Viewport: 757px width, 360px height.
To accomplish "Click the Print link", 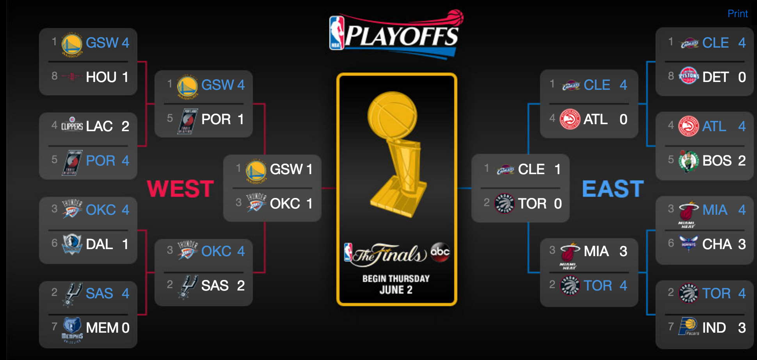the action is click(737, 14).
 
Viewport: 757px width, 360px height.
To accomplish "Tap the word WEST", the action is click(180, 189).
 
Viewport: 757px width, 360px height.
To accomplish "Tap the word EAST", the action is click(613, 189).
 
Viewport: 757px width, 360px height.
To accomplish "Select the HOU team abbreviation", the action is click(101, 77).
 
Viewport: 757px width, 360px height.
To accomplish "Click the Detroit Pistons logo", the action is click(689, 76).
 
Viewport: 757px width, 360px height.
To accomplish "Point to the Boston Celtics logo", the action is click(689, 160).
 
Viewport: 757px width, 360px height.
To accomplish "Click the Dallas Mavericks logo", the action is click(72, 244).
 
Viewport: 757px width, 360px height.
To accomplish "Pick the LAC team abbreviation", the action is click(99, 126).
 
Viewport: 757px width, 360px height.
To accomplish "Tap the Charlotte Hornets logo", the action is click(689, 243).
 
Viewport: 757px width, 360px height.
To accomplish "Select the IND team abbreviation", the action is click(714, 328).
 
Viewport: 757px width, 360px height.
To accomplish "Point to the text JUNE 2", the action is click(396, 290).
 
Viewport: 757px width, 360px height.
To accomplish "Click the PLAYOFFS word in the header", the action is click(402, 37).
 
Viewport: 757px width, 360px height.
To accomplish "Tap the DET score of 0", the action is click(742, 77).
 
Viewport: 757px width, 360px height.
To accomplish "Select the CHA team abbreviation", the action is click(717, 244).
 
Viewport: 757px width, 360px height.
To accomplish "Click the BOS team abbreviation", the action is click(717, 160).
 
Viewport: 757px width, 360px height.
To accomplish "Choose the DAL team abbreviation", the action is click(99, 244).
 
